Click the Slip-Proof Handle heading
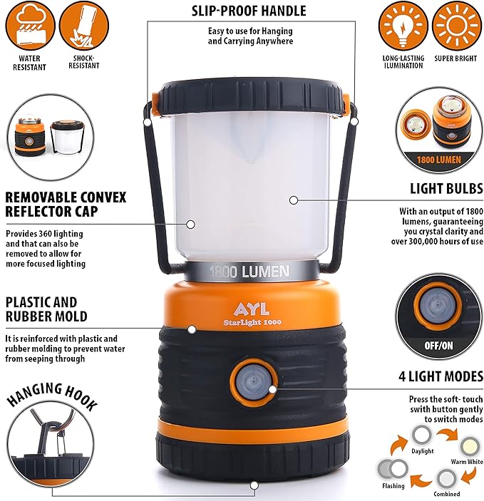point(249,11)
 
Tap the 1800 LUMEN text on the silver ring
point(249,271)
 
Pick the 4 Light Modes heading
point(441,376)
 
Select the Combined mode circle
point(446,477)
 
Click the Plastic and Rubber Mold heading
point(46,309)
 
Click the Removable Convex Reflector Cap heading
point(66,205)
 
